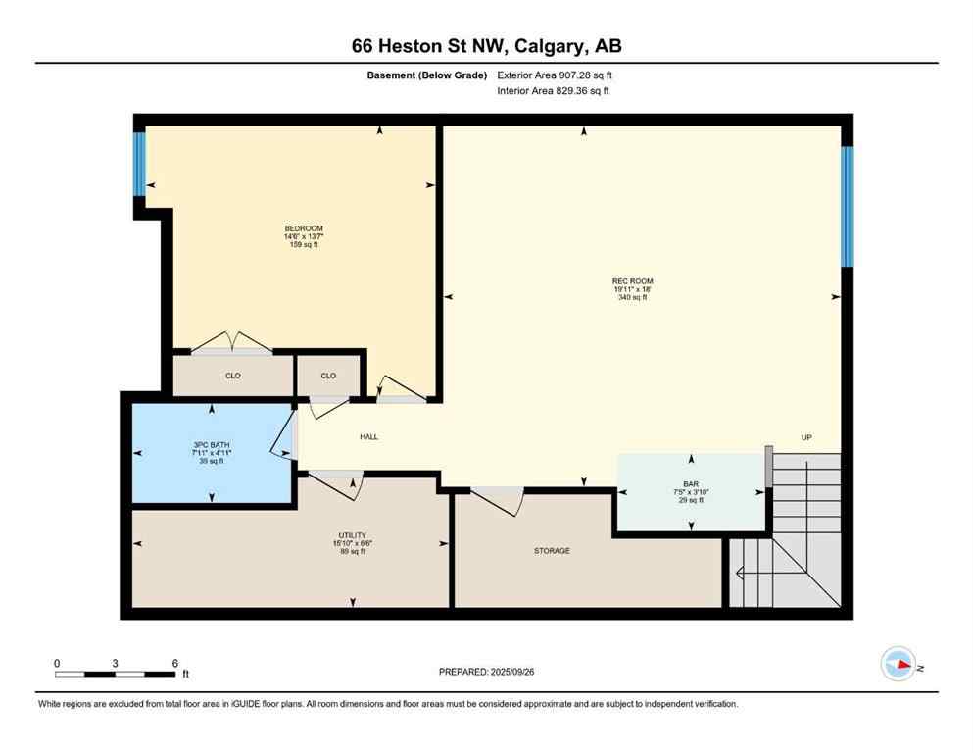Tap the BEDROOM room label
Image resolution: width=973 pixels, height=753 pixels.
click(x=303, y=228)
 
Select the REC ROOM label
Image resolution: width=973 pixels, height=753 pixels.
click(x=632, y=281)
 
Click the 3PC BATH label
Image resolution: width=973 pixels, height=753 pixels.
click(x=212, y=444)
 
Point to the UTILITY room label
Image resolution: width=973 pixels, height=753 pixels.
click(x=351, y=535)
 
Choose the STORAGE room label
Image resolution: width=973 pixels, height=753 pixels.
click(x=552, y=551)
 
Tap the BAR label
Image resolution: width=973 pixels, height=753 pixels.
click(x=691, y=483)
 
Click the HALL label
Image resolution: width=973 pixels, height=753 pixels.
click(x=368, y=436)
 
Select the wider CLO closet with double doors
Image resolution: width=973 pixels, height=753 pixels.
click(x=232, y=376)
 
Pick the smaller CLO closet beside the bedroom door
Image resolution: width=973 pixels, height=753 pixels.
click(x=328, y=376)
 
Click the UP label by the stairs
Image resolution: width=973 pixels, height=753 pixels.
click(x=806, y=437)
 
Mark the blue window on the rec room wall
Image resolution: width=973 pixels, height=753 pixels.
click(x=848, y=206)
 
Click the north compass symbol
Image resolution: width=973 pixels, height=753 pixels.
click(x=898, y=665)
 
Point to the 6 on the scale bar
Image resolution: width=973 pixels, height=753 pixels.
click(x=174, y=663)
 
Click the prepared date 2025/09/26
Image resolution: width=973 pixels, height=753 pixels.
click(x=486, y=672)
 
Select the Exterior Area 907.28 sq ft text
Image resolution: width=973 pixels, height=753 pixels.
click(x=558, y=75)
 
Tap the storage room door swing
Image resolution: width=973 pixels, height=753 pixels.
click(x=497, y=500)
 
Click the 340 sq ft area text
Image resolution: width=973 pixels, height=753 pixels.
click(x=632, y=298)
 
